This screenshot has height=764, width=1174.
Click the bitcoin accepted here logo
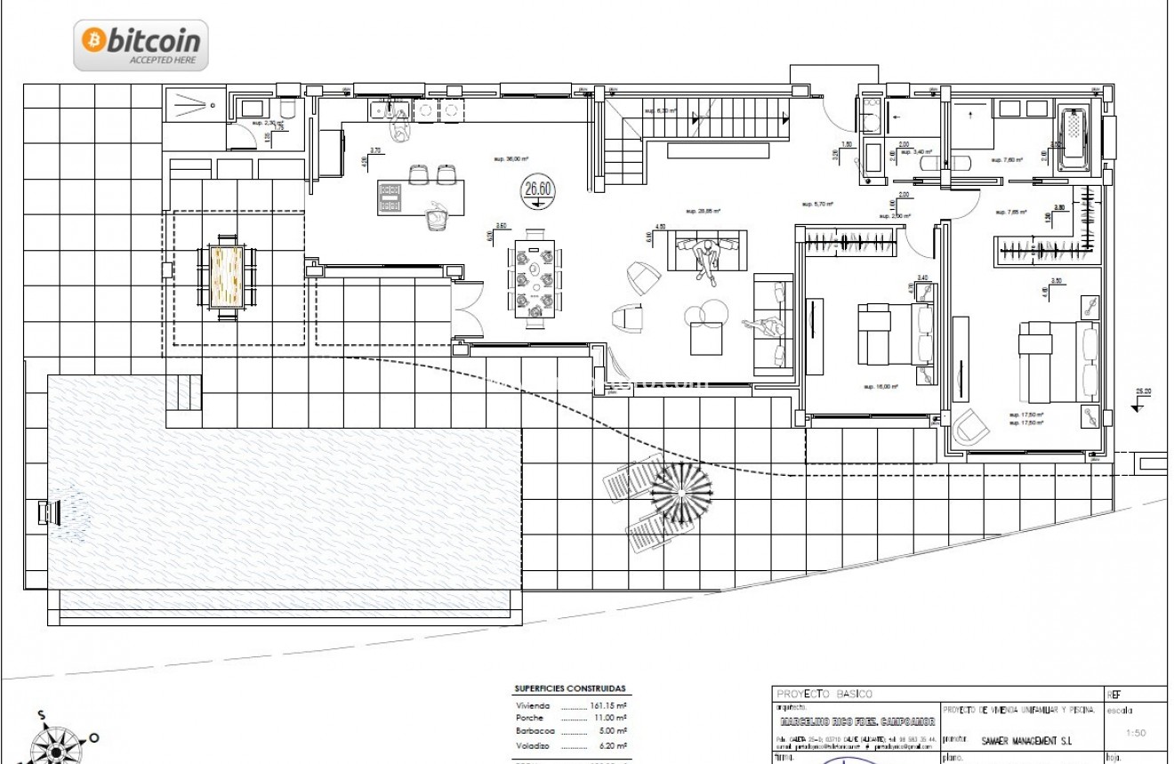[141, 44]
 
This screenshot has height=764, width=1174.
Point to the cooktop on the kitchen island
[390, 198]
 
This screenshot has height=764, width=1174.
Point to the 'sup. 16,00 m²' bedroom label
[880, 387]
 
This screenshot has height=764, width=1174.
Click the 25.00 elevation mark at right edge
[1142, 392]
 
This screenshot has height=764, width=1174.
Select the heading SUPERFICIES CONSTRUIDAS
[569, 688]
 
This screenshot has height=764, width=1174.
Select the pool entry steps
[184, 391]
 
